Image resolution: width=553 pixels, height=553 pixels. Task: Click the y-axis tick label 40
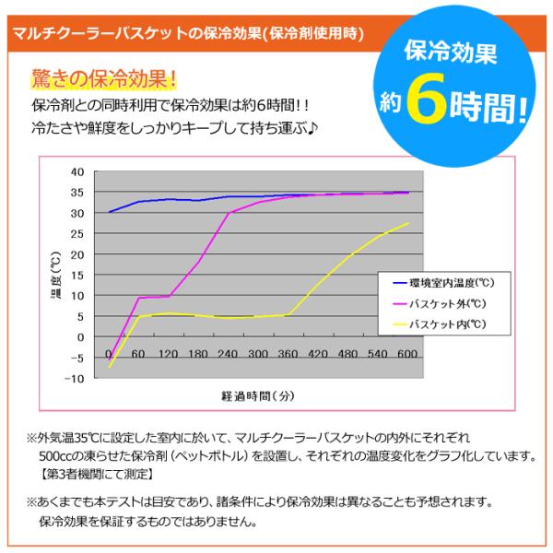tap(77, 172)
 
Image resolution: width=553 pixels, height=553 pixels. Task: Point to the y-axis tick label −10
tap(75, 379)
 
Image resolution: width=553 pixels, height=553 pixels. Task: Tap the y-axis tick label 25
tap(77, 234)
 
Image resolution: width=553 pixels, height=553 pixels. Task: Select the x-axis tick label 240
tap(228, 353)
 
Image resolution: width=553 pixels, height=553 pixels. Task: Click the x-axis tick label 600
tap(407, 353)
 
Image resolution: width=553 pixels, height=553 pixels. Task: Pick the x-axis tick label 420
tap(318, 353)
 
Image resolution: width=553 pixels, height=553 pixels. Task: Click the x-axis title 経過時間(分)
tap(258, 396)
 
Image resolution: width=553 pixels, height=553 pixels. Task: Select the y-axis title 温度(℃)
tap(56, 275)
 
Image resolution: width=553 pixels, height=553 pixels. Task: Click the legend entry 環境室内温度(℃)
tap(443, 283)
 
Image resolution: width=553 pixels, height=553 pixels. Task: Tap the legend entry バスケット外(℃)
tap(440, 303)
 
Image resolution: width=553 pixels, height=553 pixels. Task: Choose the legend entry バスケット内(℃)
tap(440, 324)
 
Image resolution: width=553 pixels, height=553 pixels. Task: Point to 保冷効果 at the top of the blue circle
tap(451, 53)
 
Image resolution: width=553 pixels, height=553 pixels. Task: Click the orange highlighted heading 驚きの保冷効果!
tap(104, 78)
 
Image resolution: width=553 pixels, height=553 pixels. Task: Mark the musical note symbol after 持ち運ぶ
tap(312, 128)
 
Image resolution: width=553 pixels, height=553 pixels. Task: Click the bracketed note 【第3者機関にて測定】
tap(97, 475)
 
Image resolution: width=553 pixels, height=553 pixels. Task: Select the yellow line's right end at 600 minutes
tap(408, 223)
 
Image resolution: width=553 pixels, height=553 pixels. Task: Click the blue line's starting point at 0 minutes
tap(110, 212)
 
